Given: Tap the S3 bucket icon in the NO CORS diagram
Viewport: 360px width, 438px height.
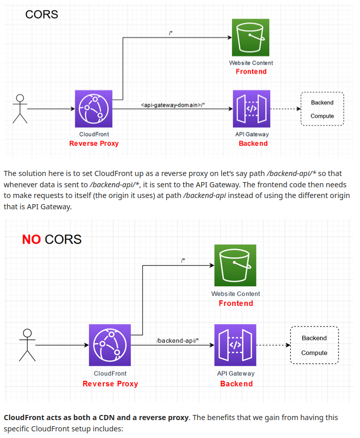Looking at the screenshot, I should (x=236, y=265).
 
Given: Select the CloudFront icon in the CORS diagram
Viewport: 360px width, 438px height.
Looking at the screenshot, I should (x=94, y=108).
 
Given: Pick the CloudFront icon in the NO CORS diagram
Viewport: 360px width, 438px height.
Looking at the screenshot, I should (x=110, y=345).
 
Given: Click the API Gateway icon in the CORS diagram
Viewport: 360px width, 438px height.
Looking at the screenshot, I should (x=251, y=108).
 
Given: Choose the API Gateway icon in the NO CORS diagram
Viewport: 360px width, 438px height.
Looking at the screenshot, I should (x=235, y=345).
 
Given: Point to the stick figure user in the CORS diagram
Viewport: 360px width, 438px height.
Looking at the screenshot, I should (x=20, y=108).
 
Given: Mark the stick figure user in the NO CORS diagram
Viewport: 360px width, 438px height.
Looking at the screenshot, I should (x=27, y=345).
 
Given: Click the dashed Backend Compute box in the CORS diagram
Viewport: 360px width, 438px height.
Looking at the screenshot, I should (x=322, y=109).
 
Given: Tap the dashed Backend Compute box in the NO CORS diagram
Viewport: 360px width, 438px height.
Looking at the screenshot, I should (x=314, y=345).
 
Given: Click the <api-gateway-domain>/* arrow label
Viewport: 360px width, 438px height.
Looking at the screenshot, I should (x=173, y=105).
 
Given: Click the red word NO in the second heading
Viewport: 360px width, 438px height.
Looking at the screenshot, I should (x=31, y=239).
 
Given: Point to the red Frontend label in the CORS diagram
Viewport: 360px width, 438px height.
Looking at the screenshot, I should (x=251, y=72).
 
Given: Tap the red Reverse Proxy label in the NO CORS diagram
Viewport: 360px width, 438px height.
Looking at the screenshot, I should (x=110, y=384).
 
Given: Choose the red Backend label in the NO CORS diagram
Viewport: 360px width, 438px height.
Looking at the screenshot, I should (x=236, y=384).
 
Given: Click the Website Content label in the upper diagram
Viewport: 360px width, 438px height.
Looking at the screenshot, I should (x=251, y=63).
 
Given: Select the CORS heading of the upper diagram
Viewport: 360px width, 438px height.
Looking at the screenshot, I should (x=41, y=14).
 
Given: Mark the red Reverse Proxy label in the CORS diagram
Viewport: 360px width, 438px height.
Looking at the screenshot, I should (x=94, y=144).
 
